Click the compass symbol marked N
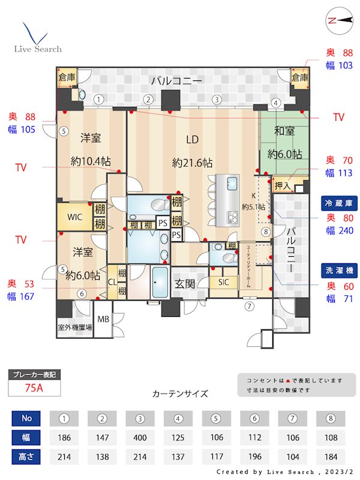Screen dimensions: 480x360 point(340,20)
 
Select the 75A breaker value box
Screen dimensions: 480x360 point(34,388)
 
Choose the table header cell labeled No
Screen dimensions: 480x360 point(26,419)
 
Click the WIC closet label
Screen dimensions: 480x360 point(74,217)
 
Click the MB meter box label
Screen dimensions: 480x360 point(103,319)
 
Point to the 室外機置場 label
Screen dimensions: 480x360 point(75,328)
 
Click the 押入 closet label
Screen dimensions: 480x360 point(282,186)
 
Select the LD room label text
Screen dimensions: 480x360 point(192,140)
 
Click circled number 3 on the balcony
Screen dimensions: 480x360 point(217,100)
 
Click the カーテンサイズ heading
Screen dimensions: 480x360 point(180,394)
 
